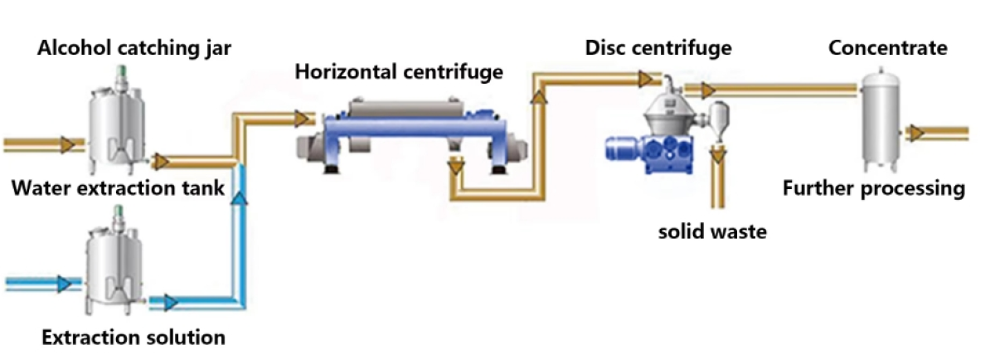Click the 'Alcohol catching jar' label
point(134,48)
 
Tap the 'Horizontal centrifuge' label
point(399,71)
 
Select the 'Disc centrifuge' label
point(658,48)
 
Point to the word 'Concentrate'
point(887,48)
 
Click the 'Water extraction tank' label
point(118,188)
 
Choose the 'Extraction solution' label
point(133,338)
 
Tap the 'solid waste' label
point(712,231)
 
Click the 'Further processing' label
point(874,188)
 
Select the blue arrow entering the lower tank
point(65,284)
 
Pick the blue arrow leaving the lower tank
point(171,303)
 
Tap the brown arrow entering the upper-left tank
point(68,144)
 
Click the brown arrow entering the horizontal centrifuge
point(302,119)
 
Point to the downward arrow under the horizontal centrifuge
point(457,167)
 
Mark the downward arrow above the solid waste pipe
point(718,156)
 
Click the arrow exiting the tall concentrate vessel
point(916,133)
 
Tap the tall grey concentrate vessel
point(881,119)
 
